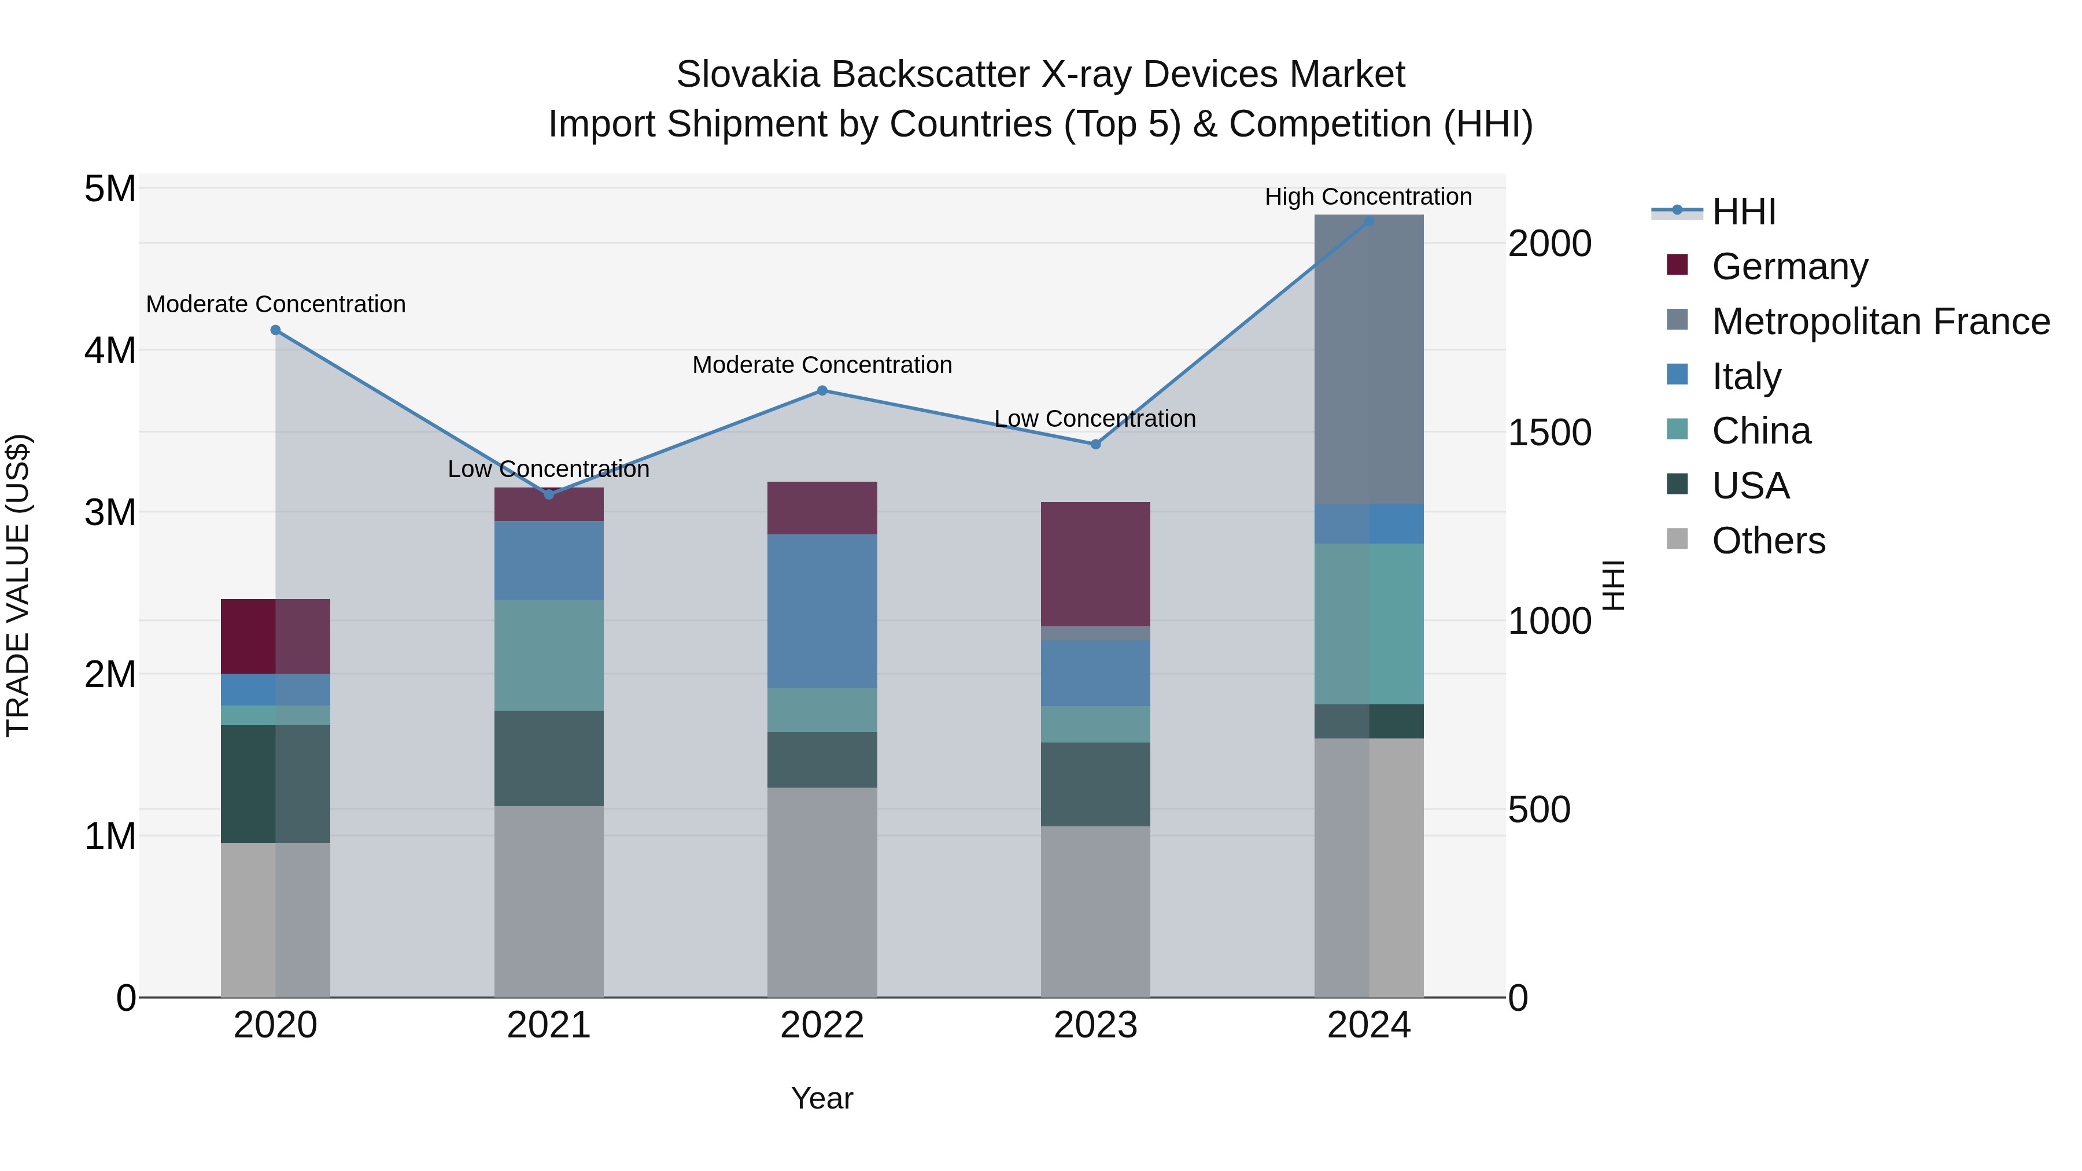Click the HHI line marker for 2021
(549, 494)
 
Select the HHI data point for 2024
(1368, 221)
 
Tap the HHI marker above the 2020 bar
(276, 330)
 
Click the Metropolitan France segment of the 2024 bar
(1368, 360)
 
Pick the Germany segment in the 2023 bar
(1095, 564)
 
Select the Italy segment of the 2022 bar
(822, 611)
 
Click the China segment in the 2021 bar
(549, 655)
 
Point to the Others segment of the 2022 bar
(822, 892)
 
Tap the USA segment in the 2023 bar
(1095, 784)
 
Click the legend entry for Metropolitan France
(1880, 322)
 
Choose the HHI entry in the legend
(1743, 212)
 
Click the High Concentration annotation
(1368, 197)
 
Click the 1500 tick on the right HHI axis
(1549, 433)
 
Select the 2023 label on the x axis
(1095, 1025)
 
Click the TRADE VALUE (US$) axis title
(18, 585)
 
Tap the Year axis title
(822, 1098)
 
